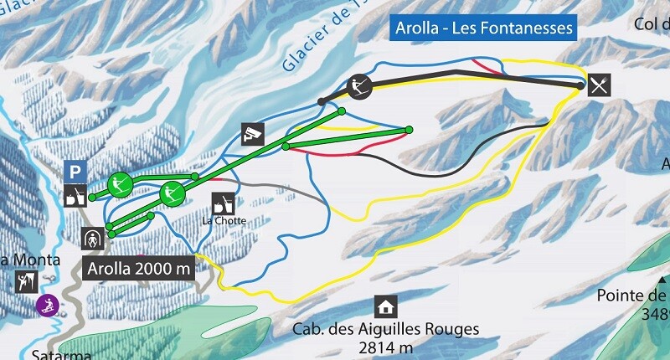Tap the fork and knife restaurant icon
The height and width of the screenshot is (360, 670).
599,84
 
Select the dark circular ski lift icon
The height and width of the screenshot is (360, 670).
358,85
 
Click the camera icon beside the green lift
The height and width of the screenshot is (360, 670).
253,133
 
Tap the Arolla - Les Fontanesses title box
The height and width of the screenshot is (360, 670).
484,28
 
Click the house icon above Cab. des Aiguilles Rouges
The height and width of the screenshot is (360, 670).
385,306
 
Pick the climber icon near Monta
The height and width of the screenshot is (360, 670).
24,281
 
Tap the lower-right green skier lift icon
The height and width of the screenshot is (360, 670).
172,194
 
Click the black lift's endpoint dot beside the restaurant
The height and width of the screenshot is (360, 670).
580,85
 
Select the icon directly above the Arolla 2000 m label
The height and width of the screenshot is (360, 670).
93,239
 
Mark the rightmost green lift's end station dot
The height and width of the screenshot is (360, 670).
410,129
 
